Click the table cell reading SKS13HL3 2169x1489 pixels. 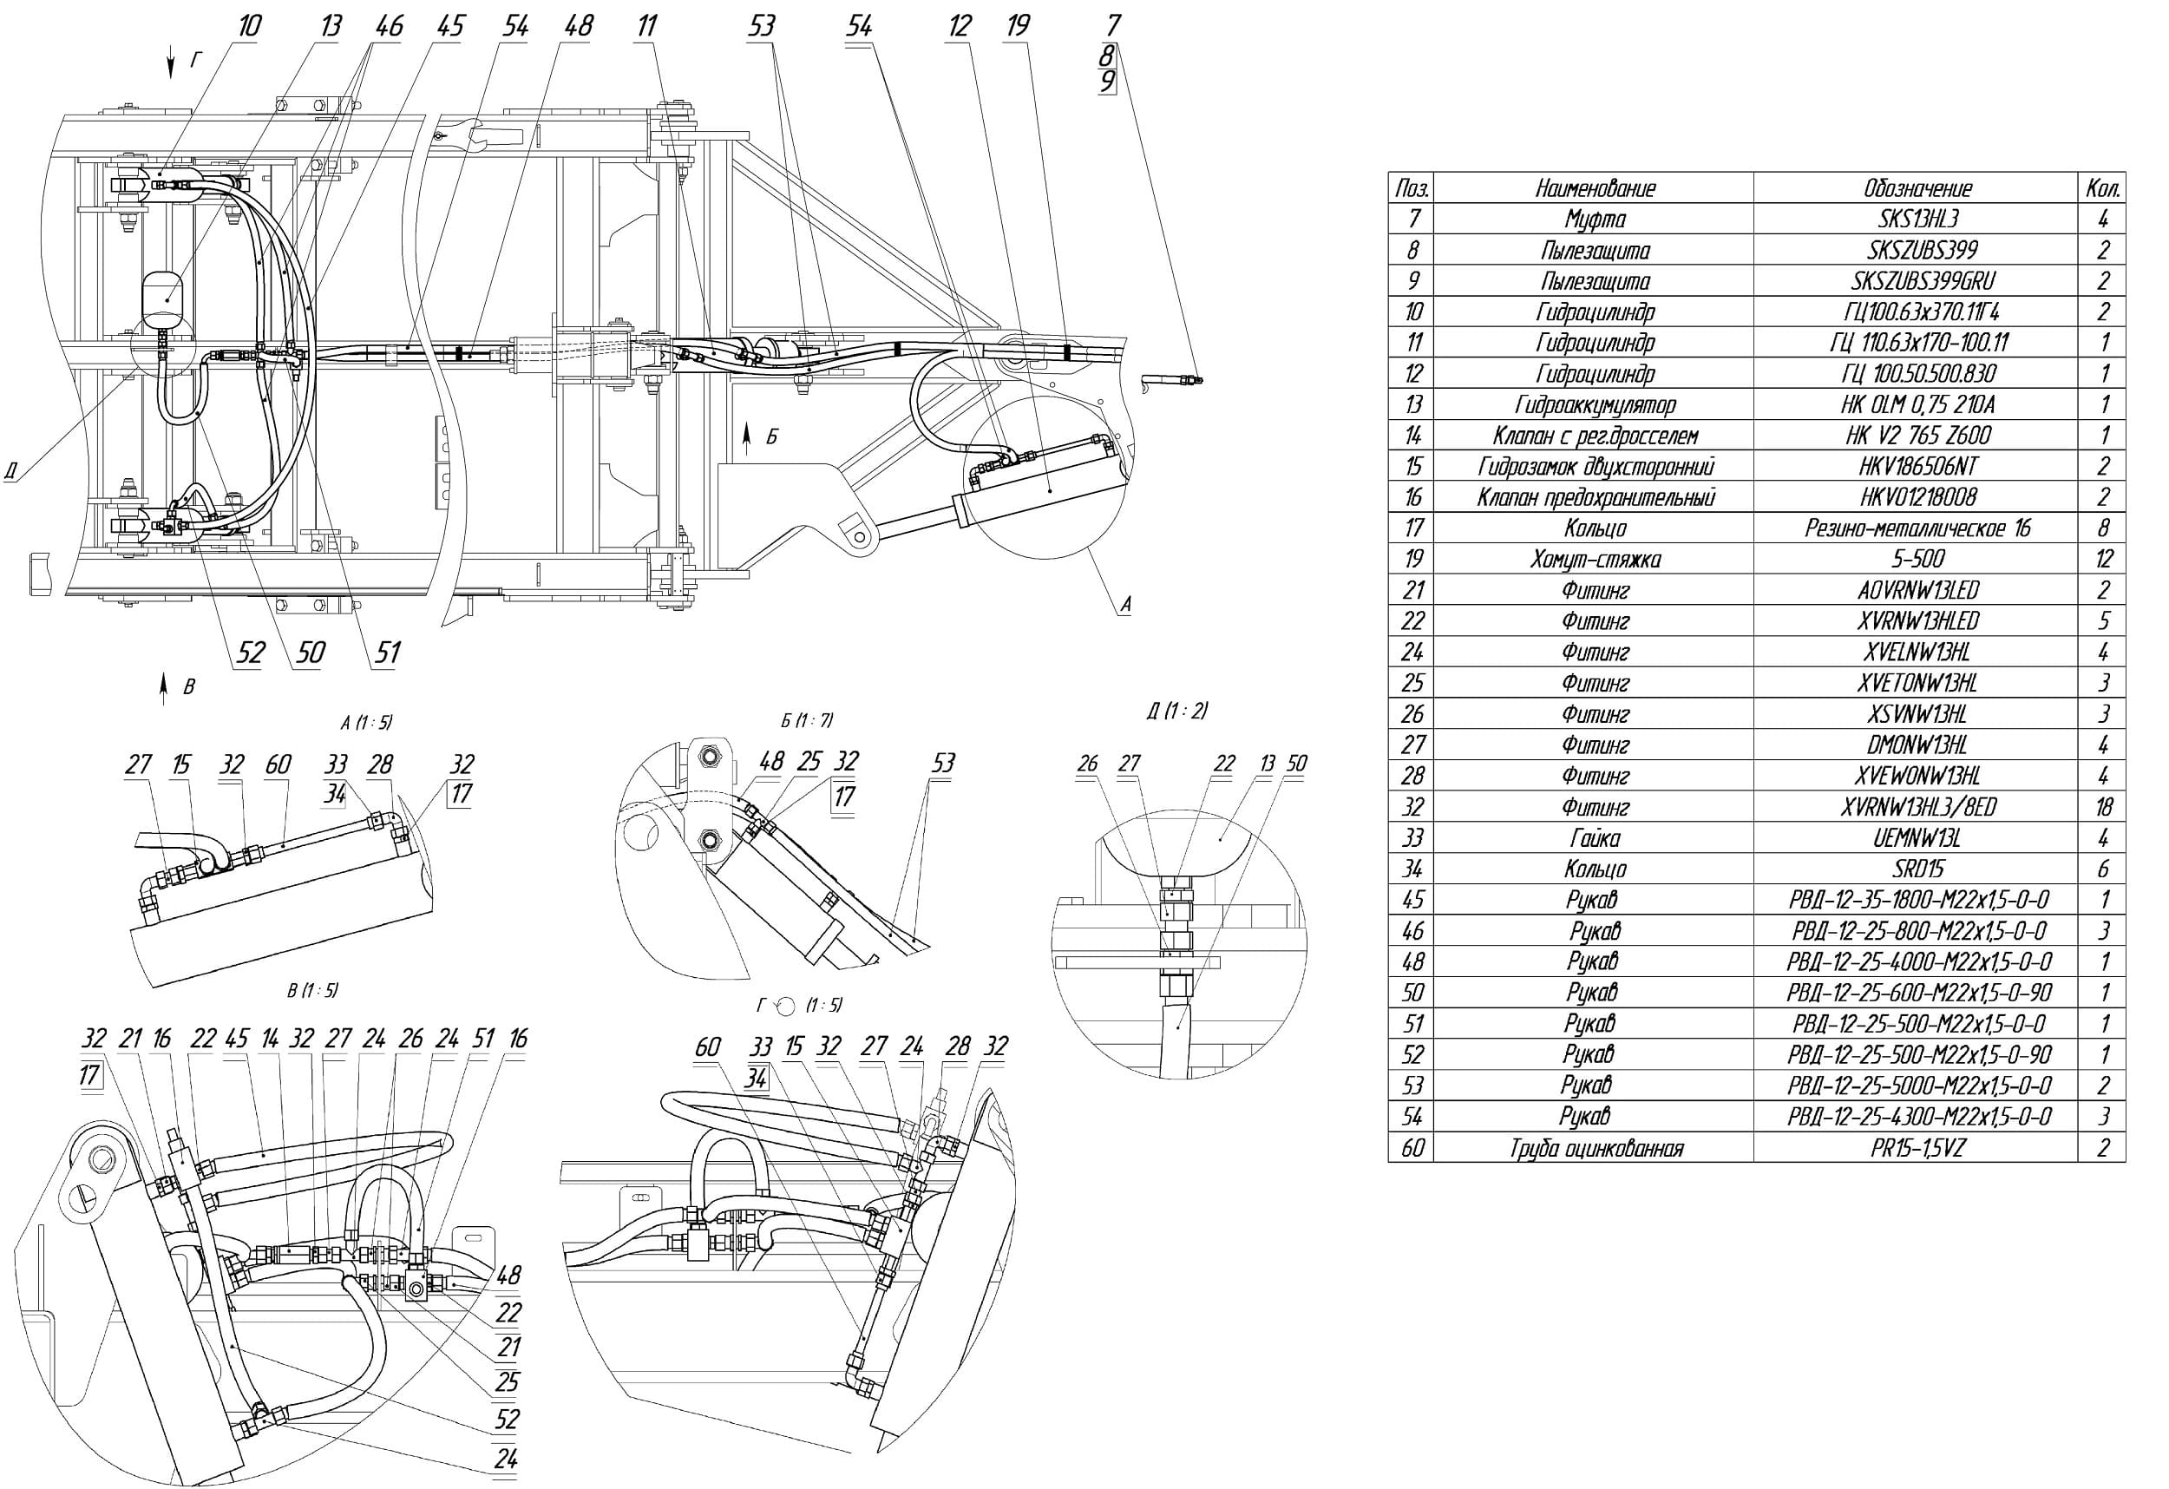[x=1918, y=219]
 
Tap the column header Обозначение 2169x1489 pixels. [x=1918, y=187]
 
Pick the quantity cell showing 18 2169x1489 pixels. [x=2104, y=807]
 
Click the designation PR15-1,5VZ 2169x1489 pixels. [x=1918, y=1146]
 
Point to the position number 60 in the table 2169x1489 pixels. [x=1412, y=1146]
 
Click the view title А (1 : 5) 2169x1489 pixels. [x=367, y=722]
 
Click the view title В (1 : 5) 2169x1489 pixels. [x=311, y=989]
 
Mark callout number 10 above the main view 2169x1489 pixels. [x=247, y=25]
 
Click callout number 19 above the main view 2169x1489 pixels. [x=1018, y=25]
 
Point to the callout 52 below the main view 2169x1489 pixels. [x=250, y=652]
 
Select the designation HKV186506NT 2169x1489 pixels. [x=1918, y=466]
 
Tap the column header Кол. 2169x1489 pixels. [x=2105, y=187]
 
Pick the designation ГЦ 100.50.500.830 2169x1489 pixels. [x=1918, y=373]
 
